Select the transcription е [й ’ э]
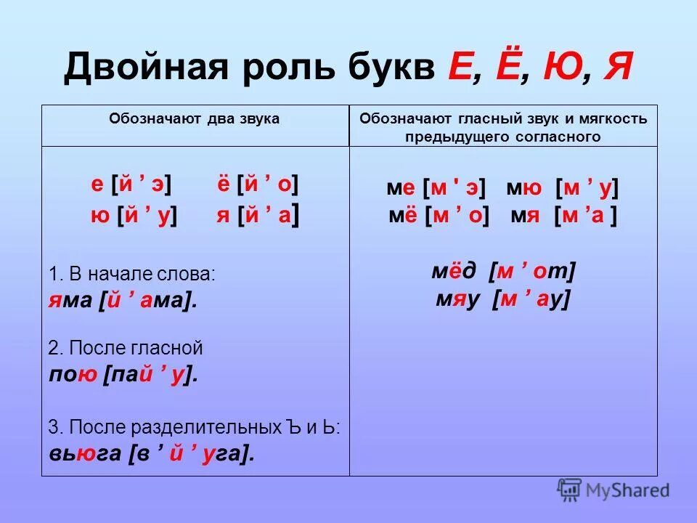click(131, 185)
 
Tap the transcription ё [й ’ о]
click(257, 185)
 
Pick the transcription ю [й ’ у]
click(134, 216)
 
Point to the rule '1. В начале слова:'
click(132, 275)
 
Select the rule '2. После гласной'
click(126, 348)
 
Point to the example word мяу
click(460, 299)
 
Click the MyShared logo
click(613, 490)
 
